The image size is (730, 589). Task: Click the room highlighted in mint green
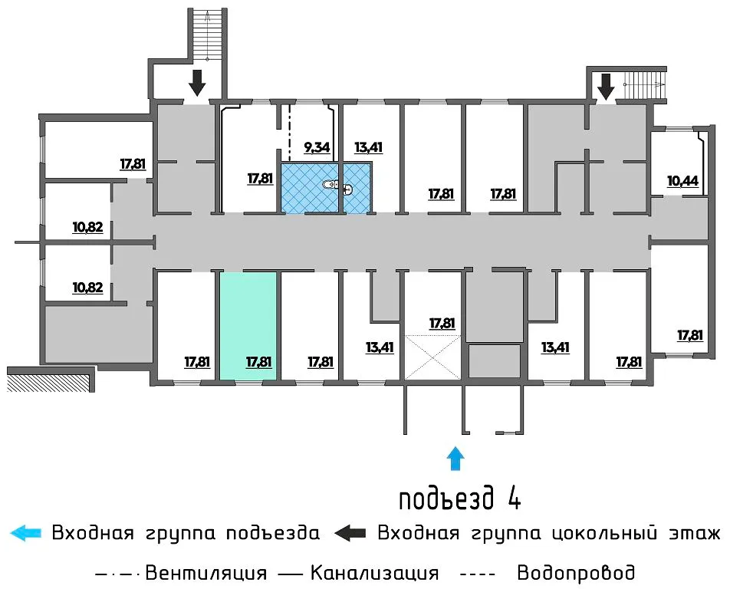point(248,326)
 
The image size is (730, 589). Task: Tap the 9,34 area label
point(317,147)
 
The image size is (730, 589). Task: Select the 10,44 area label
point(683,181)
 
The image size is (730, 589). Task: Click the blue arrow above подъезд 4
point(455,459)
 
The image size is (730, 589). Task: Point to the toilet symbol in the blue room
point(330,185)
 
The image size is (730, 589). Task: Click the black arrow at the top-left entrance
point(197,82)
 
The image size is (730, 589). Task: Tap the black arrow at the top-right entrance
point(606,87)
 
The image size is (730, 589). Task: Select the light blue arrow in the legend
point(25,533)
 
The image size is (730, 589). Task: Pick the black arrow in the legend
point(350,533)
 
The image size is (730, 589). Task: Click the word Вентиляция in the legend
point(206,573)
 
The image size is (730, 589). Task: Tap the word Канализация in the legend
point(374,573)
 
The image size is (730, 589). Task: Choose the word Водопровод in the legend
point(575,573)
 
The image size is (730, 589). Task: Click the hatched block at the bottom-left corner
point(48,381)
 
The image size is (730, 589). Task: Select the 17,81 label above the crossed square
point(442,323)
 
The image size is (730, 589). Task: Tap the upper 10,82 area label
point(87,227)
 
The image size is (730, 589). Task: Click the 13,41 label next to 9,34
point(368,147)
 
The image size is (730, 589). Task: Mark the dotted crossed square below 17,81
point(433,357)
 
